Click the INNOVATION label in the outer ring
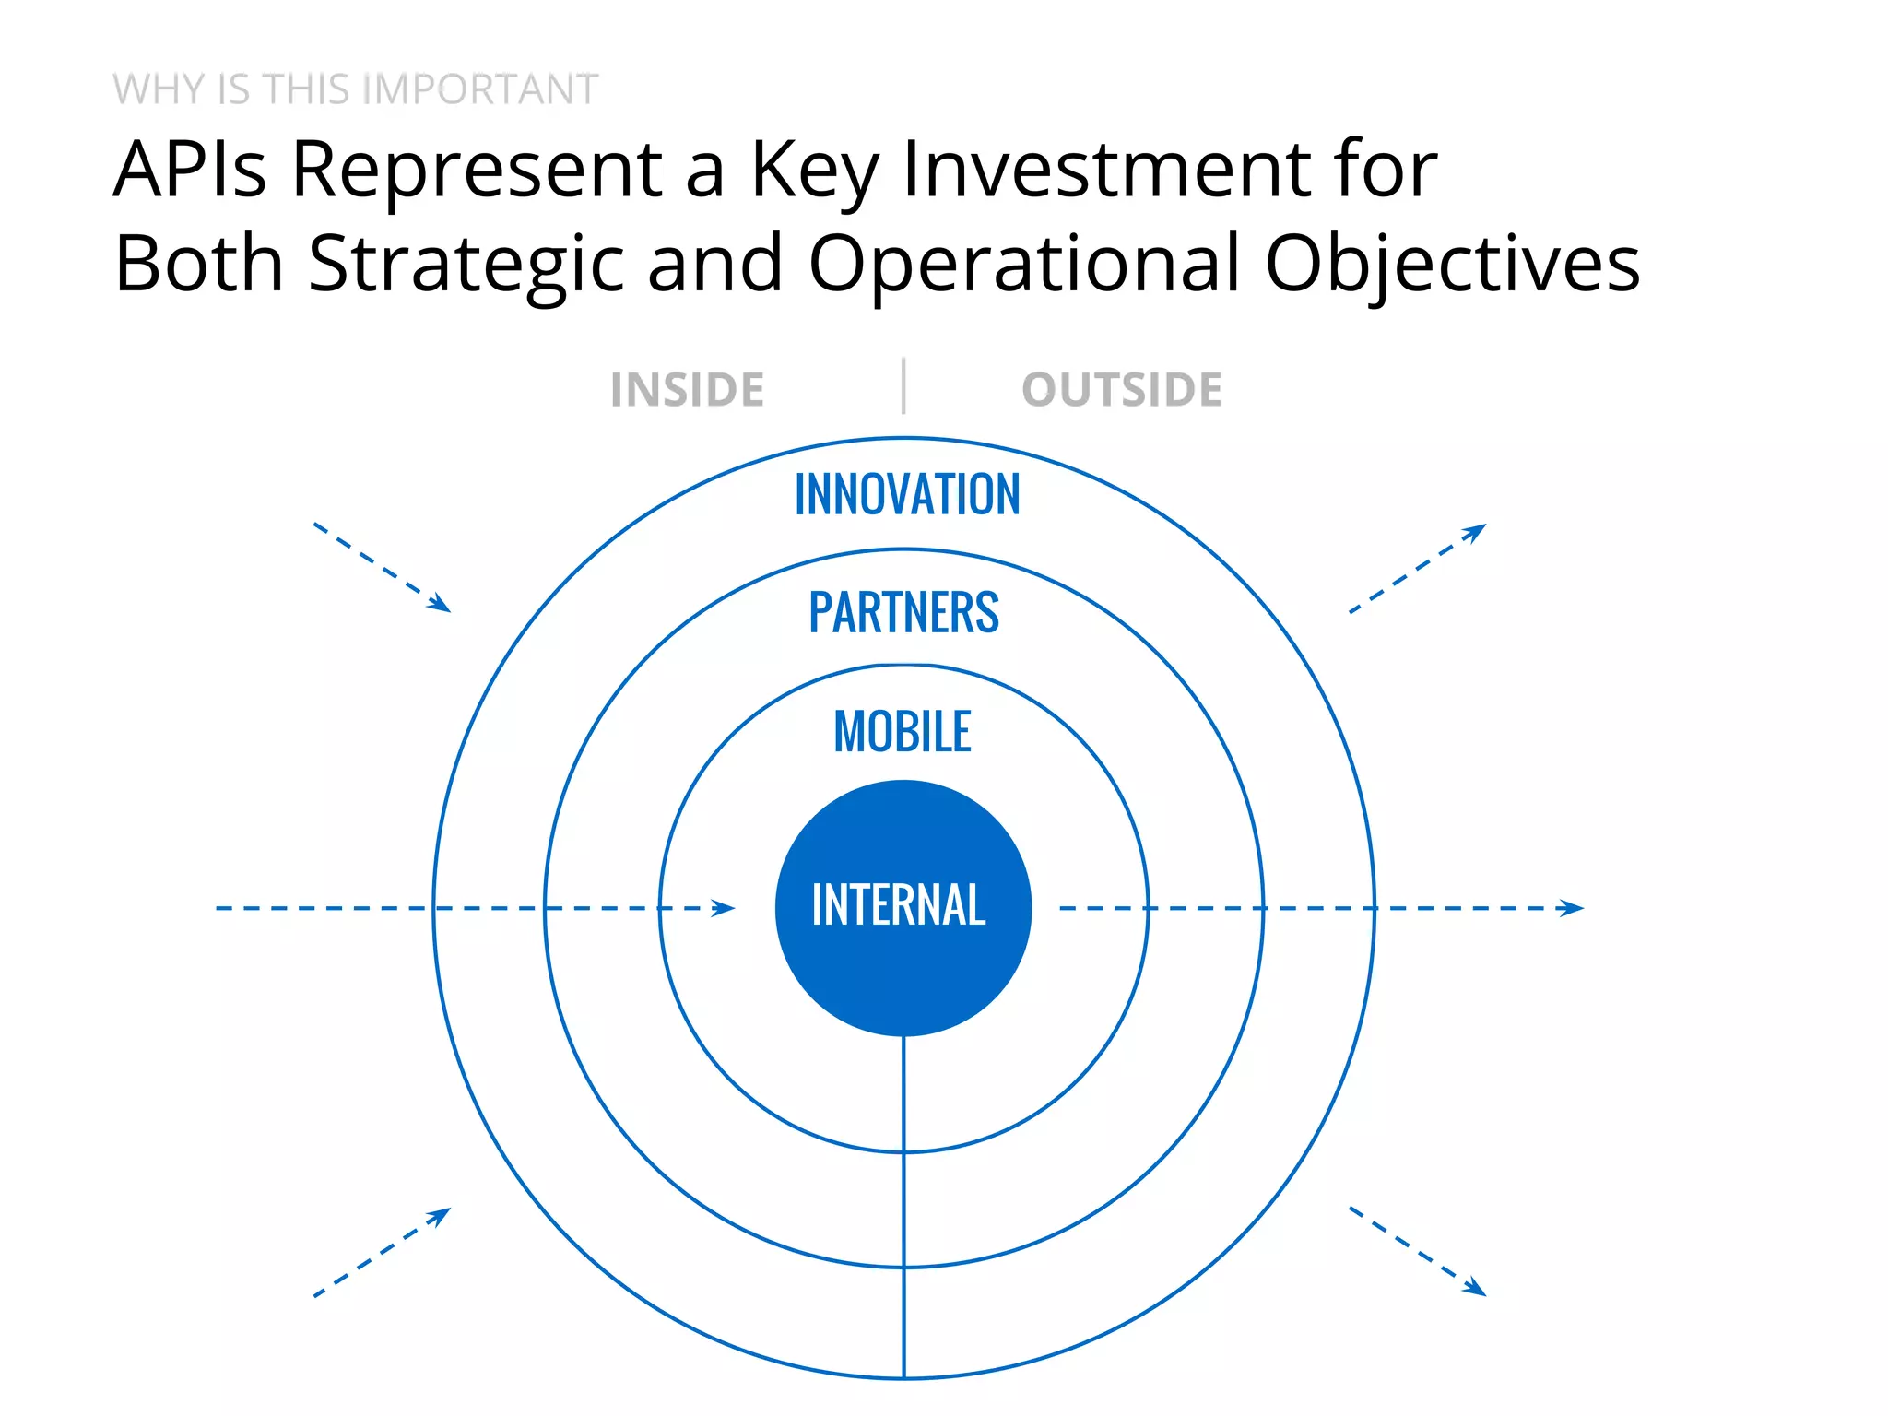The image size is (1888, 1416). [907, 494]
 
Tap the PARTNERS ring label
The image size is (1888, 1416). [903, 612]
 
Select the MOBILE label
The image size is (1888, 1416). [903, 732]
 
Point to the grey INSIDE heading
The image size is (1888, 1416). [687, 389]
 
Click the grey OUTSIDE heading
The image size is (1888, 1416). [1122, 389]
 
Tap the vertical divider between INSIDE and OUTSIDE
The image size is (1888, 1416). [903, 386]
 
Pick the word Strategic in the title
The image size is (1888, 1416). [466, 264]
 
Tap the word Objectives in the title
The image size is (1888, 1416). [1452, 264]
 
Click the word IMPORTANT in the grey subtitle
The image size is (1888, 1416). [480, 89]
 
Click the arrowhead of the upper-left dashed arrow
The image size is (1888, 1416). [441, 604]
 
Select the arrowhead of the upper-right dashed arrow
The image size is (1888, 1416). [1476, 531]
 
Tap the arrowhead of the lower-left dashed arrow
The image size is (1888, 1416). [441, 1215]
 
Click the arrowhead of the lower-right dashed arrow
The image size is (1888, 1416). [1476, 1288]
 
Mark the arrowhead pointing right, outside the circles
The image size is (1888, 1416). [1571, 908]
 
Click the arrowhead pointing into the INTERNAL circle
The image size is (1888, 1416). [724, 908]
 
